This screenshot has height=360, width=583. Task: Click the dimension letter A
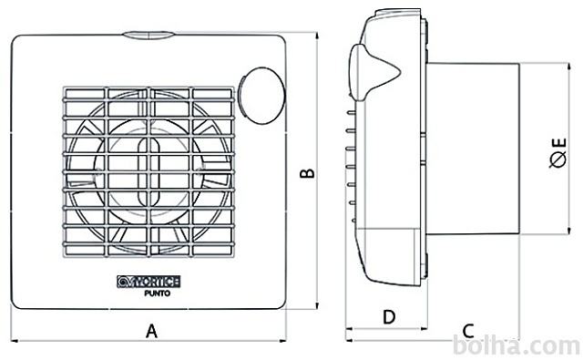point(151,331)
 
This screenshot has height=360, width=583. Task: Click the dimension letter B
point(308,173)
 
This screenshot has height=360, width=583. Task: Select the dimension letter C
point(468,331)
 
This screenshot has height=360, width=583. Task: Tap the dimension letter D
point(389,317)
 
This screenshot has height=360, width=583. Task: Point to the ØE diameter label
point(558,153)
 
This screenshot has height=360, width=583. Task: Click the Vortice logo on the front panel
point(148,282)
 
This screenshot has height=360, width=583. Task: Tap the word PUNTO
point(158,293)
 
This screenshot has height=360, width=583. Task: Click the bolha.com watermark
point(517,346)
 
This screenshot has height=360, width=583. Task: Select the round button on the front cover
point(261,96)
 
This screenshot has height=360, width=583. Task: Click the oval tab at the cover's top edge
point(148,35)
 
